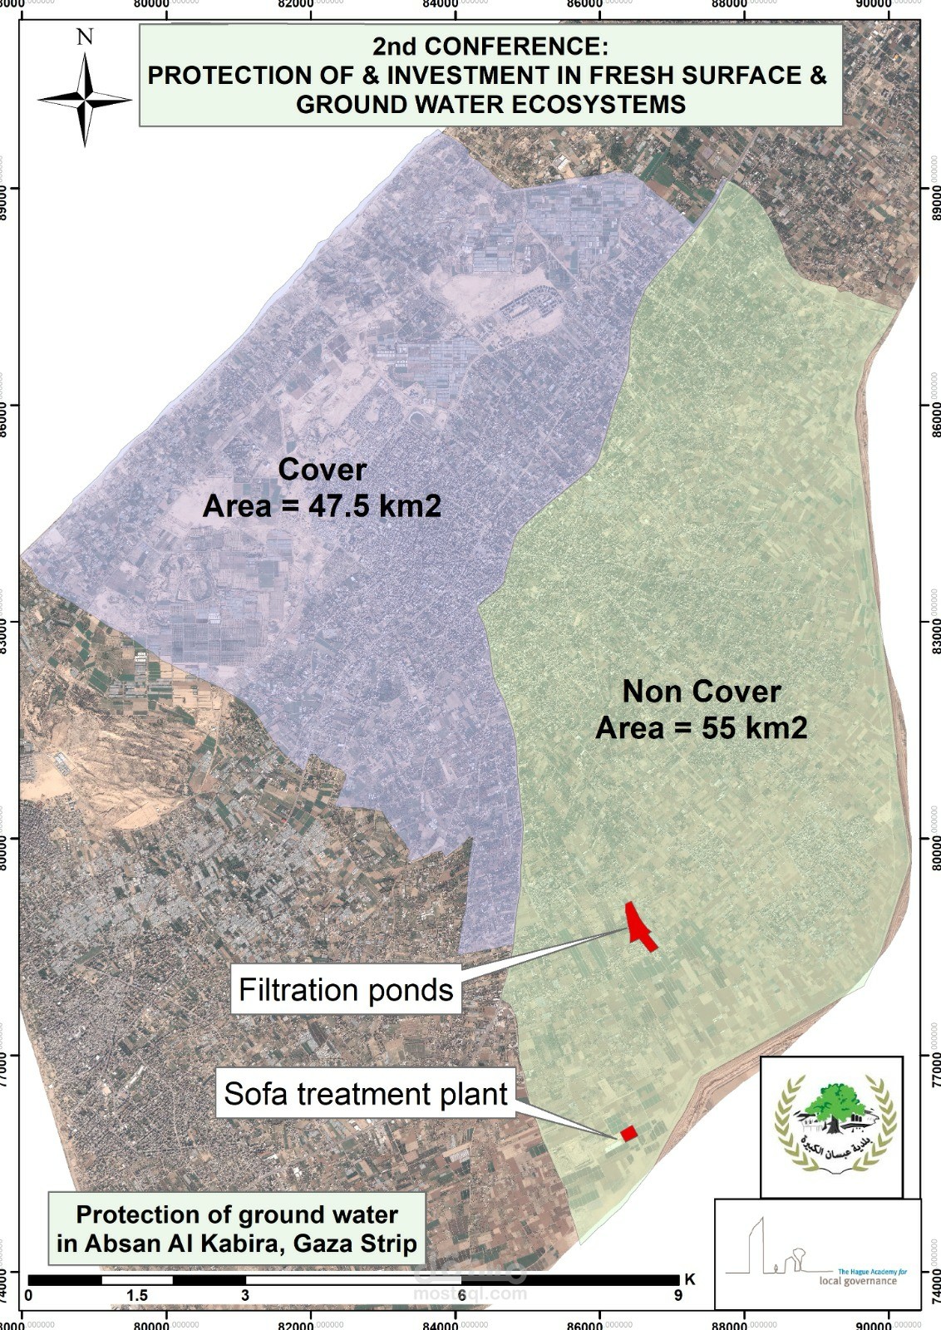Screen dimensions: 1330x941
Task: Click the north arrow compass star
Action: pos(85,100)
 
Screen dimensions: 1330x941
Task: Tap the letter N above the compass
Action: pos(85,37)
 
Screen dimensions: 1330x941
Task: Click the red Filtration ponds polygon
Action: pos(639,926)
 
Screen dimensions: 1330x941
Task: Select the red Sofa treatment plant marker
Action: pos(628,1133)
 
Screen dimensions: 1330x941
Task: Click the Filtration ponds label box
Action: pos(346,990)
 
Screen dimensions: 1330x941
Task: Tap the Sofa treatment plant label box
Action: pos(366,1094)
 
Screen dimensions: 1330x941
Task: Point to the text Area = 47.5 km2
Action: pos(322,506)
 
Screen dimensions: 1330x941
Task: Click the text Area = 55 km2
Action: pos(702,728)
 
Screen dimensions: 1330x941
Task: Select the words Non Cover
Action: pos(702,692)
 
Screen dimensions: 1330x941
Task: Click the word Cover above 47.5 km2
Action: pos(322,470)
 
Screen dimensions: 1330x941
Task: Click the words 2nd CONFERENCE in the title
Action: pos(490,45)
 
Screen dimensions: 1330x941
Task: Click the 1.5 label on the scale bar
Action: pos(137,1296)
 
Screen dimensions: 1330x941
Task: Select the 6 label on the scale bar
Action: pos(461,1296)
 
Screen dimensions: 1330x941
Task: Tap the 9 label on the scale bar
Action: pos(678,1296)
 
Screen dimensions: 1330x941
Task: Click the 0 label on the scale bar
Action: pos(29,1296)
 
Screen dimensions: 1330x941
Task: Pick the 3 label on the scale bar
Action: pos(245,1296)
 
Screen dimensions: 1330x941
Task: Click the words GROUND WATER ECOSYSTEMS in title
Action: pos(490,105)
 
